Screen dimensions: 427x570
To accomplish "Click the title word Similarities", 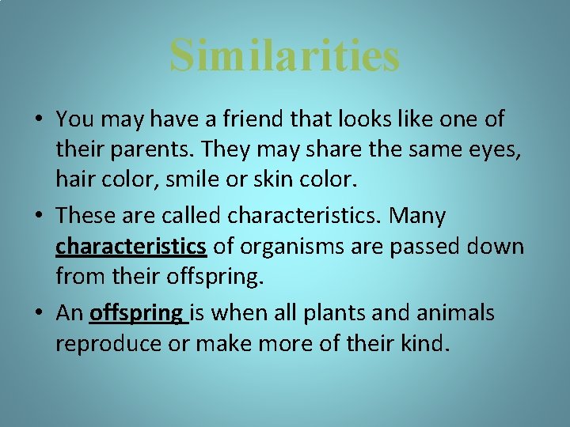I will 285,55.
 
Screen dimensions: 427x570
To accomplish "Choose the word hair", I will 75,179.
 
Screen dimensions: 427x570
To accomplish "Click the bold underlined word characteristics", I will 131,247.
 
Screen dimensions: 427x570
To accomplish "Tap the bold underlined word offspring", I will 136,314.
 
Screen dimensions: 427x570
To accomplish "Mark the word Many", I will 419,216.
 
